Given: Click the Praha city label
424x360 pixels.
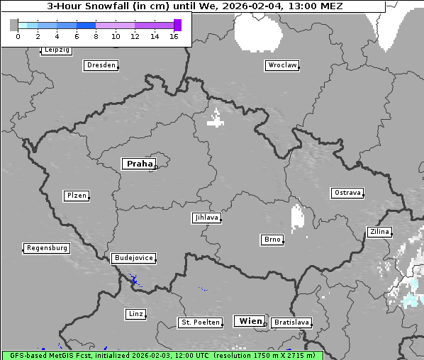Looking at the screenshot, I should tap(139, 164).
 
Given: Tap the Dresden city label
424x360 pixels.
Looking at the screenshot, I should tap(101, 65).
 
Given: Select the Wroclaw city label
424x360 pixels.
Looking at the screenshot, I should tap(281, 65).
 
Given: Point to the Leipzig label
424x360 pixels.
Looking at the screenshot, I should tap(56, 50).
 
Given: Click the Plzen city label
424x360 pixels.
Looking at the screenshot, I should tap(76, 196).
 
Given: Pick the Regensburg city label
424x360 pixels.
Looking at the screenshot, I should tap(47, 248).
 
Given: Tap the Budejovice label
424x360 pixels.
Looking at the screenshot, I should tap(133, 258).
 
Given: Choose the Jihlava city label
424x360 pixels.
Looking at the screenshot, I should tap(206, 218).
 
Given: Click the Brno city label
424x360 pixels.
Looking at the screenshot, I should tap(272, 240).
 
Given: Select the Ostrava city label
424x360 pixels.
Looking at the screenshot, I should tap(347, 193).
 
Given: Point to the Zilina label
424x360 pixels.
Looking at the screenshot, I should tap(379, 232).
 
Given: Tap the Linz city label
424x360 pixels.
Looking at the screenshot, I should tap(135, 313).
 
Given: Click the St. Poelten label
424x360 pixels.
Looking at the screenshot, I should tap(199, 322).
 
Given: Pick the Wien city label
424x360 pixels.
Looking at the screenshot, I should tap(250, 321).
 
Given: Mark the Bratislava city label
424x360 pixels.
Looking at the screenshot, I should tap(291, 322).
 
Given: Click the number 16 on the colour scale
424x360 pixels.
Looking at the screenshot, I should tap(174, 36).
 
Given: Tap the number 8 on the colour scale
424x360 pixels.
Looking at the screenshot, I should tap(96, 36).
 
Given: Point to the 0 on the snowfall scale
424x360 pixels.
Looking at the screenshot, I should tap(18, 36).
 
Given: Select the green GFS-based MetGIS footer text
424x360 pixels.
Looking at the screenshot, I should tap(162, 355).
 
